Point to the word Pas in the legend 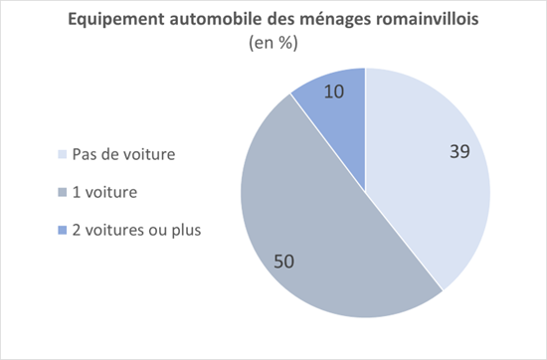click(84, 155)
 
